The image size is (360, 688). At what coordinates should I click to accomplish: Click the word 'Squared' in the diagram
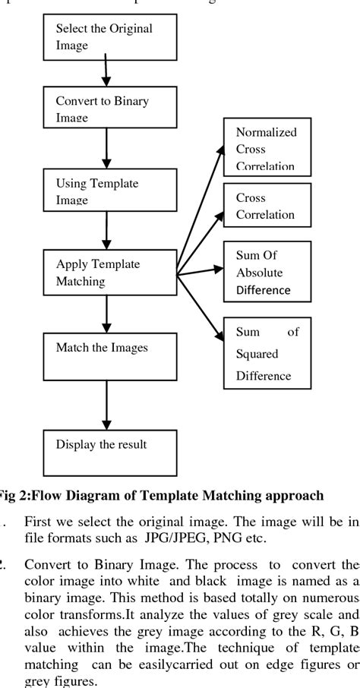[x=248, y=354]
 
